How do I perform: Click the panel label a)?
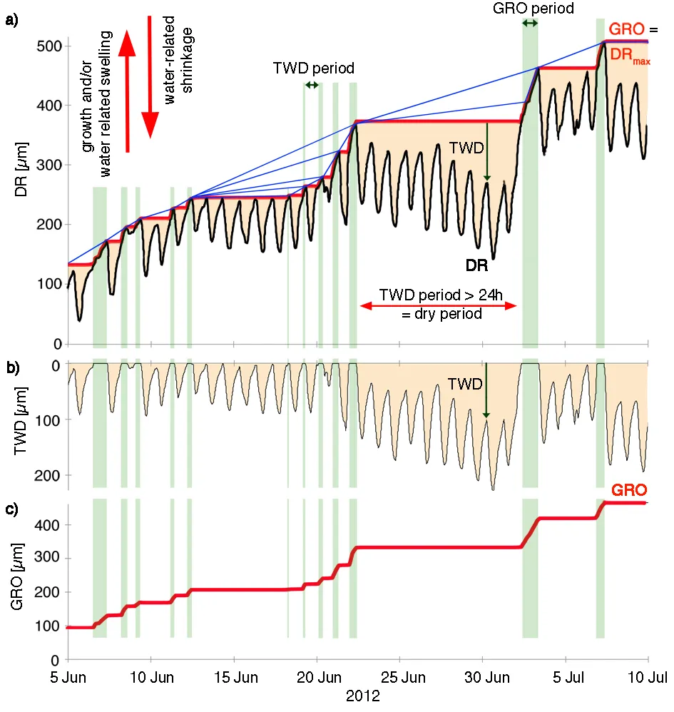click(11, 20)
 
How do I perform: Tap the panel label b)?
click(11, 368)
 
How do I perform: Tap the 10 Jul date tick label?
click(648, 676)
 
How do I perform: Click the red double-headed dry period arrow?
click(438, 306)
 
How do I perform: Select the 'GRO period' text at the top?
click(533, 9)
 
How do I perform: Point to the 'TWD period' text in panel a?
click(314, 68)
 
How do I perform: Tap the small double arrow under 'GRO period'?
click(530, 24)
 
